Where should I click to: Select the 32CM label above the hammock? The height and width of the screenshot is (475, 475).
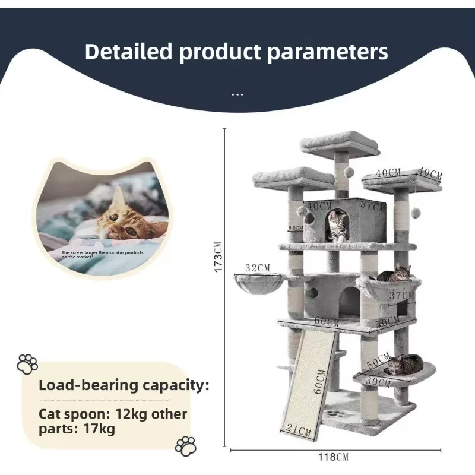(x=257, y=268)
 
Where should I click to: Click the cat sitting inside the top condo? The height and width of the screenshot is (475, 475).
(x=337, y=227)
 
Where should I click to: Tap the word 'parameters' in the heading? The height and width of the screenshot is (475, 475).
(x=327, y=52)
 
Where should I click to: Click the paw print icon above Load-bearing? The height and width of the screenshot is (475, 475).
(x=27, y=363)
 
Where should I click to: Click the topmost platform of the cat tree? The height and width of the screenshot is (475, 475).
(x=340, y=144)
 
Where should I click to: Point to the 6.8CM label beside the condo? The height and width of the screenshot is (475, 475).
(x=295, y=227)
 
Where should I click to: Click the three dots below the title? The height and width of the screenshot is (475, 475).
(x=237, y=94)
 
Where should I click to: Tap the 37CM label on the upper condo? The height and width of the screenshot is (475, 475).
(x=373, y=206)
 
